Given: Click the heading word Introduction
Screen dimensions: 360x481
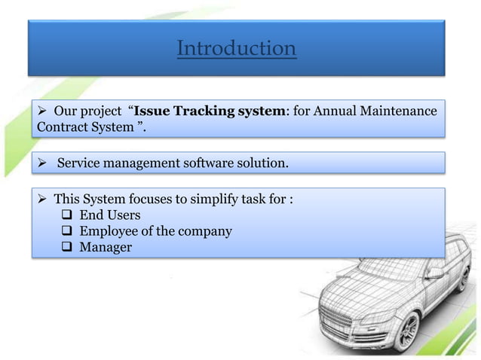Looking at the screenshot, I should coord(236,49).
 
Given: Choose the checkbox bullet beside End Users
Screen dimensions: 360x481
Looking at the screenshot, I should coord(66,215).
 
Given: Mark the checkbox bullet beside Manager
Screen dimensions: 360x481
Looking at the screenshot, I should coord(66,247).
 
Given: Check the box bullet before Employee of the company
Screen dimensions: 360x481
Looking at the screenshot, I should coord(66,231).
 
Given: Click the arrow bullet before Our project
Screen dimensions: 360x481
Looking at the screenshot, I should coord(43,111).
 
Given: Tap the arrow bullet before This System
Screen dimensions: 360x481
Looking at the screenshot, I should coord(43,199).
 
